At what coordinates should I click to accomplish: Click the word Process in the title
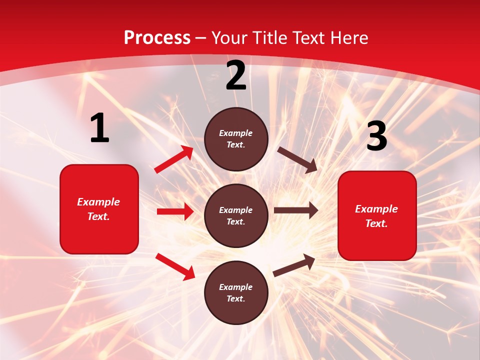coord(157,37)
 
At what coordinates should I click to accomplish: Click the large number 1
coord(99,128)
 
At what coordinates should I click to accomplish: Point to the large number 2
coord(236,75)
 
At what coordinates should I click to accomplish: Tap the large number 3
coord(376,136)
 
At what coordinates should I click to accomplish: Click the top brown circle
coord(236,139)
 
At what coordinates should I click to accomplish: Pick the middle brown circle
coord(236,215)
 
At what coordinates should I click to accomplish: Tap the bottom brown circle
coord(236,292)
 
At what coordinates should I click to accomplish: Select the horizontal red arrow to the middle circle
coord(175,211)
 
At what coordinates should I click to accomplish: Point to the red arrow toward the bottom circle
coord(175,266)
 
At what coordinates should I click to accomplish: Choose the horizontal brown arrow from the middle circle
coord(296,210)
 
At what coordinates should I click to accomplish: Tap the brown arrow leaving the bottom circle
coord(294,265)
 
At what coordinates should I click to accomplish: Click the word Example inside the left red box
coord(98,202)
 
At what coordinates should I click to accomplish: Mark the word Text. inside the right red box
coord(376,223)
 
